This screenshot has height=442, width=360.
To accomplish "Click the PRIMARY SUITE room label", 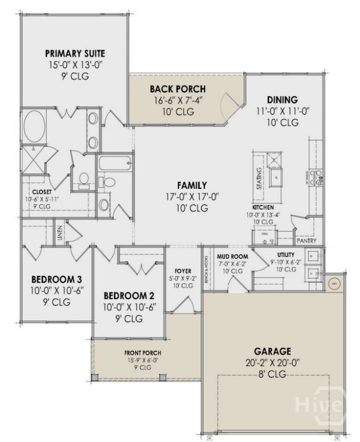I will (x=75, y=54).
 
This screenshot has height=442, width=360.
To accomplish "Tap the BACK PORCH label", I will (x=178, y=89).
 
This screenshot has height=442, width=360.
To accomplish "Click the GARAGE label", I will (x=273, y=350).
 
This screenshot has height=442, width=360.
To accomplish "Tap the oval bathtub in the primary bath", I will (x=36, y=126).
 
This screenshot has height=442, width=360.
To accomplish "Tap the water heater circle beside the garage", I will (x=333, y=283).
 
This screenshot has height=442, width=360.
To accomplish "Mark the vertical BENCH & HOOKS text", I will (x=206, y=264).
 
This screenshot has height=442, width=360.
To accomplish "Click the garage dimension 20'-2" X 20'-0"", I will (x=273, y=362).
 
